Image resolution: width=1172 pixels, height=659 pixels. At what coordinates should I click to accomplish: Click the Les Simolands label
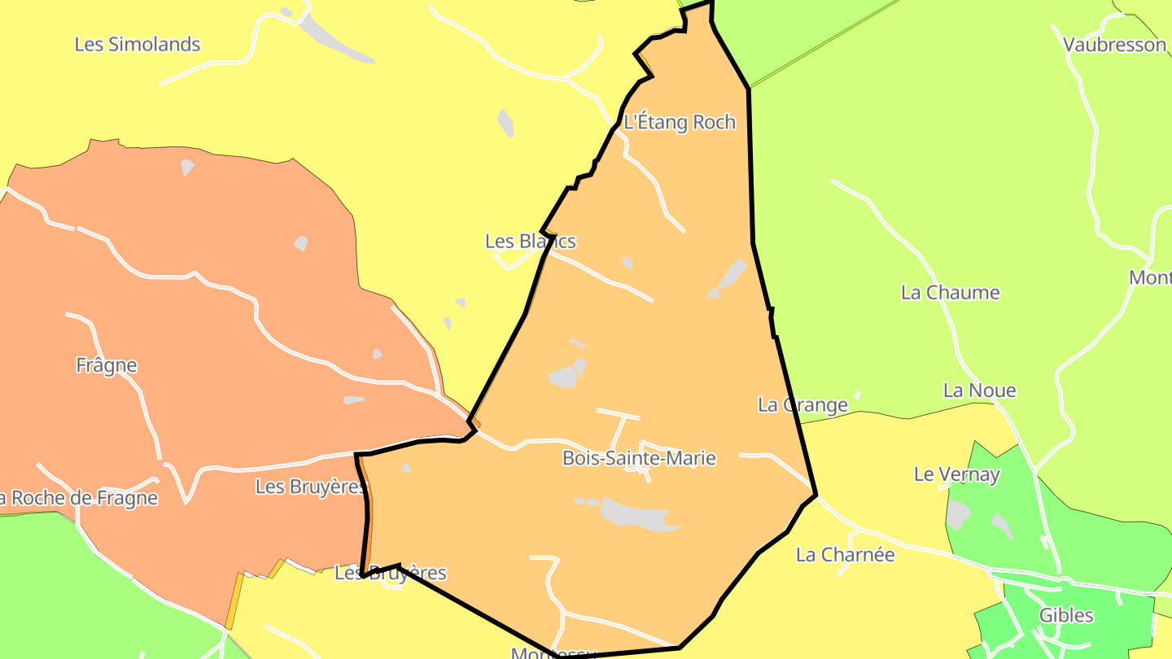[x=137, y=45]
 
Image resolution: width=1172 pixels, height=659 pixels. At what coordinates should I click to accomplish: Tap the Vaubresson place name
[x=1114, y=45]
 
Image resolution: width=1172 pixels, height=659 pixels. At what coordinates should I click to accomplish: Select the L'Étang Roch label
[x=679, y=123]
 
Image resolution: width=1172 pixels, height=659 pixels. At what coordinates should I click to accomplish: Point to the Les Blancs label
[x=530, y=242]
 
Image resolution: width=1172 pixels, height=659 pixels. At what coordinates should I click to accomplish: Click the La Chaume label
[x=950, y=293]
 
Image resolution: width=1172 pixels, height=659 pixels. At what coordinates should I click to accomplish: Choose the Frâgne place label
[x=107, y=366]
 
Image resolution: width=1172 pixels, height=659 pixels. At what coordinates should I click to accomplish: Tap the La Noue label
[x=979, y=391]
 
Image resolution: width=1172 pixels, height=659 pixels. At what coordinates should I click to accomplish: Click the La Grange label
[x=802, y=405]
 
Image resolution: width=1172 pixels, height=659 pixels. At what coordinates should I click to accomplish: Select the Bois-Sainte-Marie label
[x=639, y=459]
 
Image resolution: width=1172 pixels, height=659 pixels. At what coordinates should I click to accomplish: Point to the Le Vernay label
[x=956, y=474]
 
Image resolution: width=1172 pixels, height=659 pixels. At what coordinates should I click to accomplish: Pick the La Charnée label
[x=845, y=556]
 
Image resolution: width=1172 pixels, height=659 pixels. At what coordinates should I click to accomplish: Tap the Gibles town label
[x=1066, y=616]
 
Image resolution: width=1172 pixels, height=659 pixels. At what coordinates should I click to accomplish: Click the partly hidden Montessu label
[x=553, y=653]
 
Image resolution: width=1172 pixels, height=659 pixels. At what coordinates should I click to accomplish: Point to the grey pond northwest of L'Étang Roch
[x=505, y=123]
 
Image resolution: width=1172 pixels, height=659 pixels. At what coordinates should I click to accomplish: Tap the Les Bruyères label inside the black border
[x=391, y=573]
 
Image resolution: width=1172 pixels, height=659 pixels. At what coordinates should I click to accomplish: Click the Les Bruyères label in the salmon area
[x=310, y=487]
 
